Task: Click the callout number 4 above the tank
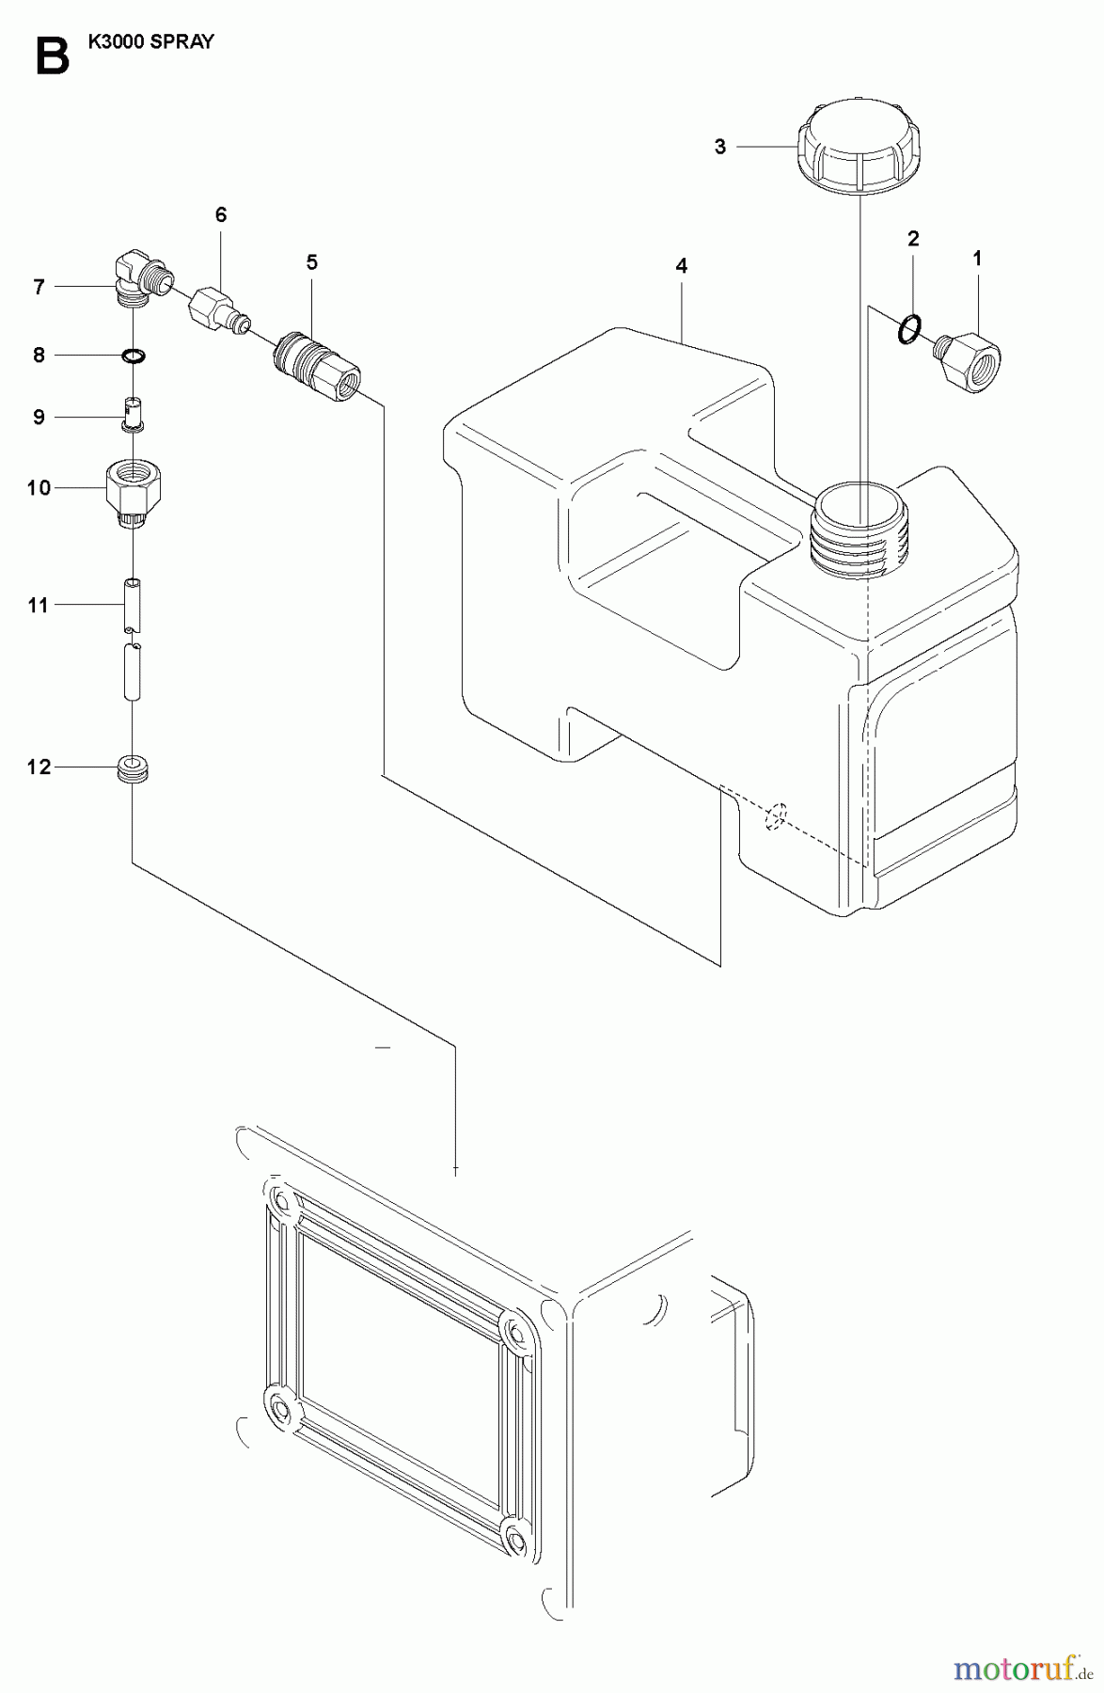pyautogui.click(x=681, y=266)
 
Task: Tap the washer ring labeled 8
pyautogui.click(x=134, y=356)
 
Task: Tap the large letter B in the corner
pyautogui.click(x=51, y=56)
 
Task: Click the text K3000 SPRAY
pyautogui.click(x=150, y=41)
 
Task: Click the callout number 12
pyautogui.click(x=39, y=767)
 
